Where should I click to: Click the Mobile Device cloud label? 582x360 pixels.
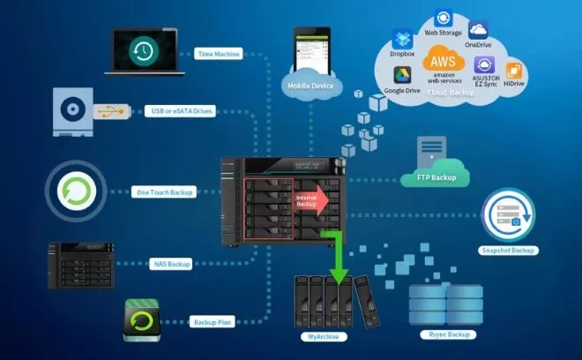click(x=309, y=86)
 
